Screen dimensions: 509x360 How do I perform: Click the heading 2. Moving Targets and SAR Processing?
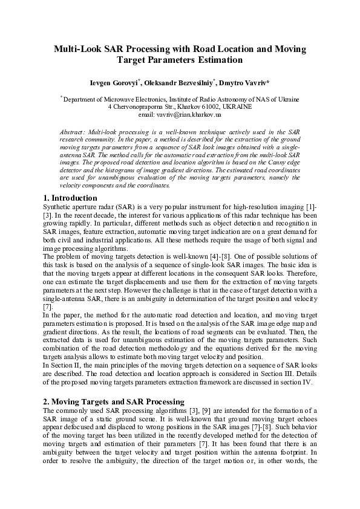coord(114,401)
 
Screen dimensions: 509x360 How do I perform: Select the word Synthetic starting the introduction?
coord(59,207)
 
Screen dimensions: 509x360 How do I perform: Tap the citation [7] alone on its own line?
coord(48,306)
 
